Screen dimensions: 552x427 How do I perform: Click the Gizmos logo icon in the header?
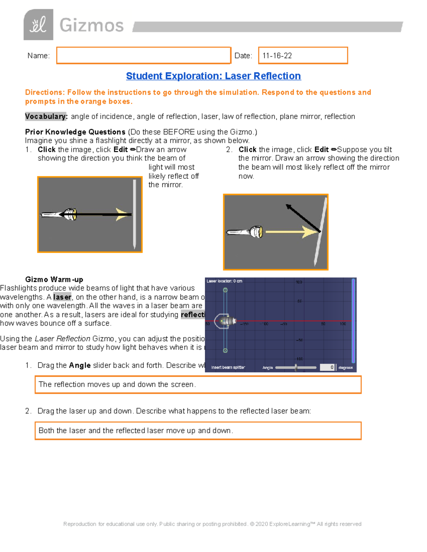pyautogui.click(x=38, y=25)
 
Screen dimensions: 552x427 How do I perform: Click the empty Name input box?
pyautogui.click(x=143, y=55)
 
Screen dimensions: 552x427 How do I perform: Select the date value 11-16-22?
pyautogui.click(x=277, y=56)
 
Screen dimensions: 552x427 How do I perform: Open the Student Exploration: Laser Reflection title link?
pyautogui.click(x=213, y=76)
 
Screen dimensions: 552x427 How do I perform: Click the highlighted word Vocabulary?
pyautogui.click(x=46, y=117)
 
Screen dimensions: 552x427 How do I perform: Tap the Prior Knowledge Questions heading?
pyautogui.click(x=75, y=132)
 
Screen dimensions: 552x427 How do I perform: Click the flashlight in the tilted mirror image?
pyautogui.click(x=245, y=232)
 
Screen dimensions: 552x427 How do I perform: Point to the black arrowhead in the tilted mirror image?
pyautogui.click(x=289, y=207)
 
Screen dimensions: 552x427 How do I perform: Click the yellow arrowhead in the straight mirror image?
pyautogui.click(x=123, y=214)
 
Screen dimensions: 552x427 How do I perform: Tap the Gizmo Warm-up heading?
pyautogui.click(x=54, y=279)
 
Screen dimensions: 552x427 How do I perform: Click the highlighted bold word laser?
pyautogui.click(x=62, y=297)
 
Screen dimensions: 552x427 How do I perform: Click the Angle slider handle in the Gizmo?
pyautogui.click(x=296, y=368)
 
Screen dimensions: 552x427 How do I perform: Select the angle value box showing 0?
pyautogui.click(x=327, y=368)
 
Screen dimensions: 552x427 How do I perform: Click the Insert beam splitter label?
pyautogui.click(x=228, y=368)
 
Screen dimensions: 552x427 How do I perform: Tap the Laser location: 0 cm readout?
pyautogui.click(x=224, y=281)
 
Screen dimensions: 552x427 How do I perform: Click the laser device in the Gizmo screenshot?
pyautogui.click(x=227, y=321)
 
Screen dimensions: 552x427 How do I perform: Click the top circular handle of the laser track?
pyautogui.click(x=225, y=290)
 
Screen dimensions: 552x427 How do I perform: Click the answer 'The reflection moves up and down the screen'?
pyautogui.click(x=117, y=385)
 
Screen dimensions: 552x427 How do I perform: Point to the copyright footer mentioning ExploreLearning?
pyautogui.click(x=212, y=524)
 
